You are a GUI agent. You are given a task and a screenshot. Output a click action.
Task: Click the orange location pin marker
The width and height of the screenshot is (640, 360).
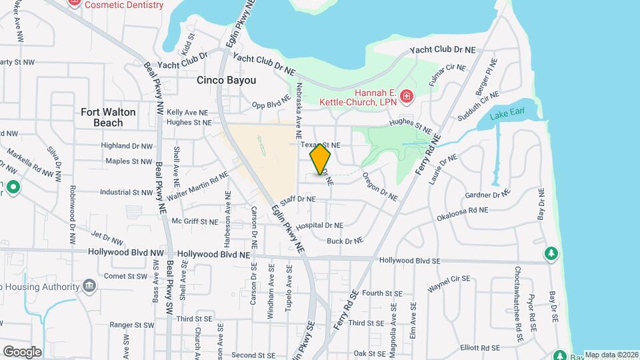pos(320,157)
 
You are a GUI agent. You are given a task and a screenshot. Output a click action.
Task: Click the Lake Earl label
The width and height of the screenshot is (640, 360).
pos(503,116)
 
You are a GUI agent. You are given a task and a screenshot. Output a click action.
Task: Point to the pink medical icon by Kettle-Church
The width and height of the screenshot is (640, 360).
pos(406,97)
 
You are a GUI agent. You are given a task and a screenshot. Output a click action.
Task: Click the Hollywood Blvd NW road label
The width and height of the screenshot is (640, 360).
pos(126,253)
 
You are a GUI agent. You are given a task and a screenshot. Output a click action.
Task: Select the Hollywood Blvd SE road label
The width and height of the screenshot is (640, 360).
pos(409,261)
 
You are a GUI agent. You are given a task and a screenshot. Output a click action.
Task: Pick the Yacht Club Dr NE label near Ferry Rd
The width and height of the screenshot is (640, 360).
pos(443,50)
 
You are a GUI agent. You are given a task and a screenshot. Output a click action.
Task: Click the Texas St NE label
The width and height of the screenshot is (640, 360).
pos(321,145)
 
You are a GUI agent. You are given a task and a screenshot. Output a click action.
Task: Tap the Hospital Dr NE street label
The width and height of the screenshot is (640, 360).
pos(319,225)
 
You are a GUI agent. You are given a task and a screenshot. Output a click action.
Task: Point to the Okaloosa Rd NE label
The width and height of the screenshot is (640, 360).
pos(462,213)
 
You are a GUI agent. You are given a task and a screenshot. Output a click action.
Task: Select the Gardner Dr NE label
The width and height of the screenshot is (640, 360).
pos(487,195)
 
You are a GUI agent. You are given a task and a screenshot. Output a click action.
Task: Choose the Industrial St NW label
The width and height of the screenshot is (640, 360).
pos(126,192)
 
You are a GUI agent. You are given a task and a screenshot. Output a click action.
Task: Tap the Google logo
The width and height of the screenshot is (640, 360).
pos(21,351)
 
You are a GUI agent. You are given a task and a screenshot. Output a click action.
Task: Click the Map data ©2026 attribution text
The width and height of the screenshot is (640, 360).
pos(611,355)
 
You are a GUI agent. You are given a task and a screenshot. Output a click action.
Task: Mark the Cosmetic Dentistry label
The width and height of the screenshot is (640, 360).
pos(123,5)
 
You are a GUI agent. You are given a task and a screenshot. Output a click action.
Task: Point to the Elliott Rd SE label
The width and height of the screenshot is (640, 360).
pos(480,347)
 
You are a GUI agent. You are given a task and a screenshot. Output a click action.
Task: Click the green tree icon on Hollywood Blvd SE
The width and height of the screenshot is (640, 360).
pos(551,253)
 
